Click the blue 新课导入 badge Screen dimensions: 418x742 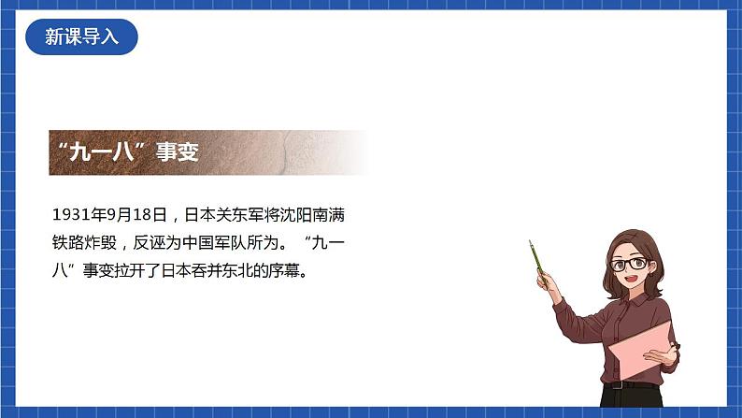(x=82, y=36)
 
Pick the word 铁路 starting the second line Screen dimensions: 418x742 (x=68, y=244)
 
